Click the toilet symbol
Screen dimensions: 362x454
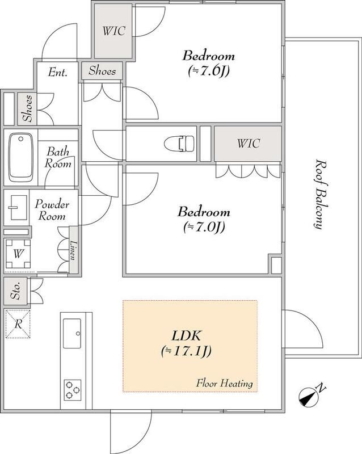pyautogui.click(x=179, y=144)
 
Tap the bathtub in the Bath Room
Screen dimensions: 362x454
pyautogui.click(x=20, y=157)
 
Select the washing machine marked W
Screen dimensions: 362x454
pyautogui.click(x=18, y=254)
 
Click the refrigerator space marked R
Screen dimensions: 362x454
pyautogui.click(x=18, y=323)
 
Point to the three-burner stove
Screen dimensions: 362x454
pyautogui.click(x=73, y=390)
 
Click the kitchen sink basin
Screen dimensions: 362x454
pyautogui.click(x=72, y=333)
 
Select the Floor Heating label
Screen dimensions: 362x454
pyautogui.click(x=224, y=383)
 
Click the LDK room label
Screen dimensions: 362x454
pyautogui.click(x=186, y=336)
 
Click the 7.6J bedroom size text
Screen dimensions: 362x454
pyautogui.click(x=209, y=71)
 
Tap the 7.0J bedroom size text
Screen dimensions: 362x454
pyautogui.click(x=204, y=228)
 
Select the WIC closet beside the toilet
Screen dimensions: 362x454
pyautogui.click(x=248, y=144)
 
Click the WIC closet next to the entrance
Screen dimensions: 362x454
pyautogui.click(x=113, y=31)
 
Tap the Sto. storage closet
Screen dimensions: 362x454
pyautogui.click(x=15, y=291)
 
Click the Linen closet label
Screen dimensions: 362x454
pyautogui.click(x=74, y=250)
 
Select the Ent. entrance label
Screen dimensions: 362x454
pyautogui.click(x=58, y=72)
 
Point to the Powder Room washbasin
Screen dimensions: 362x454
pyautogui.click(x=18, y=208)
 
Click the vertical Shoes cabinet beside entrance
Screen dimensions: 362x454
pyautogui.click(x=27, y=108)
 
